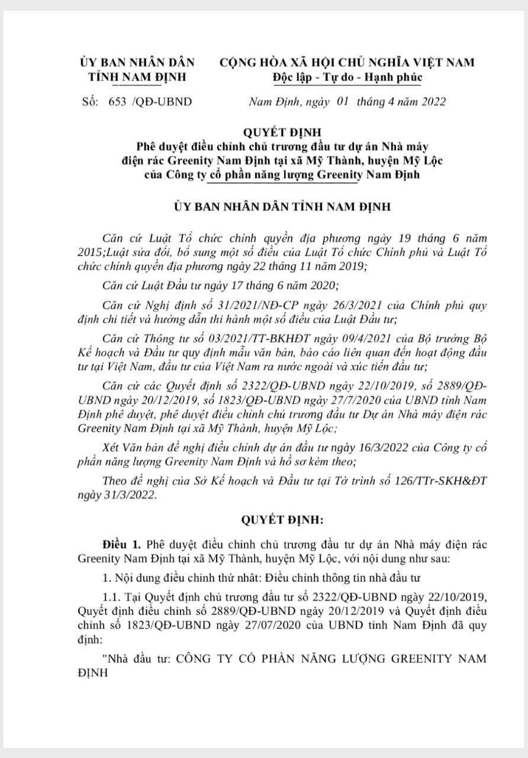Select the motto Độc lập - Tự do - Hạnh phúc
(347, 77)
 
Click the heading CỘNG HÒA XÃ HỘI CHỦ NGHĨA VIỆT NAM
(347, 62)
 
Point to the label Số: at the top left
(91, 101)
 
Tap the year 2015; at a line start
(92, 252)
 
